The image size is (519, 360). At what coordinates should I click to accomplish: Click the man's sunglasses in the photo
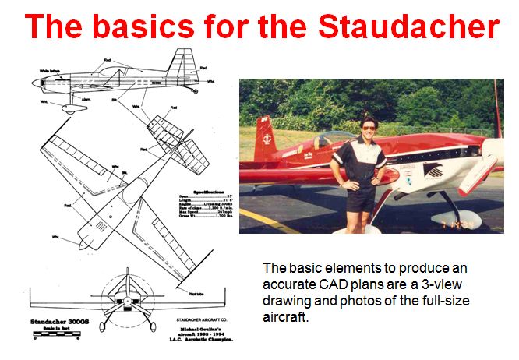click(x=368, y=129)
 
